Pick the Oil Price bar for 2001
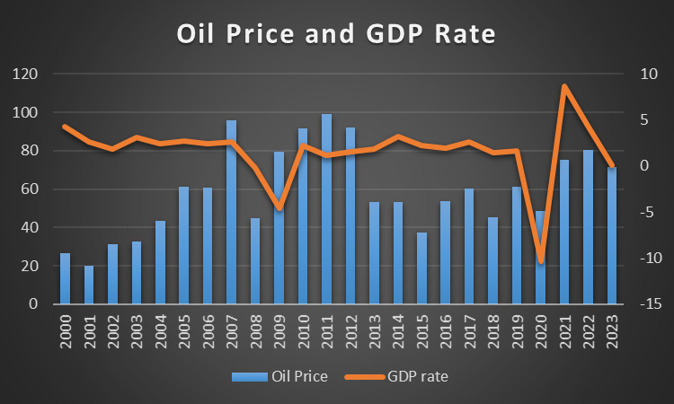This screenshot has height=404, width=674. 89,285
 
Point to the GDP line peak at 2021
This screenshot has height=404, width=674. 564,86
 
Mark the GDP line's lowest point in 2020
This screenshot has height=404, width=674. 541,261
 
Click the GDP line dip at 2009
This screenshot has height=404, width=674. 279,208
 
